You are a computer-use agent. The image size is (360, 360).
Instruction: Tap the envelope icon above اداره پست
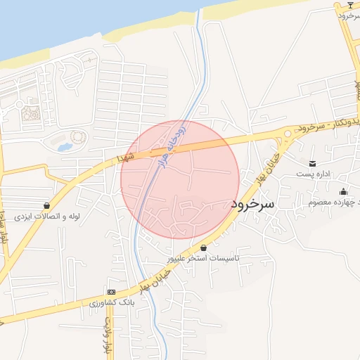pyautogui.click(x=311, y=163)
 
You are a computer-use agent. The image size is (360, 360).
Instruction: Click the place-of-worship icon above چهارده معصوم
pyautogui.click(x=343, y=192)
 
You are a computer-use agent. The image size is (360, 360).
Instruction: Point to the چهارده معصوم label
pyautogui.click(x=335, y=202)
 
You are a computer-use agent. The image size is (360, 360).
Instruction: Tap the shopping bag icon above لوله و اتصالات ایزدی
pyautogui.click(x=47, y=205)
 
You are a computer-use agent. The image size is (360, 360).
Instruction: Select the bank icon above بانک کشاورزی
pyautogui.click(x=110, y=292)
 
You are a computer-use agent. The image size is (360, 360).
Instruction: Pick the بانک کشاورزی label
pyautogui.click(x=111, y=302)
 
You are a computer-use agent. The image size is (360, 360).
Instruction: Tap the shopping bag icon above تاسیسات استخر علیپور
pyautogui.click(x=204, y=247)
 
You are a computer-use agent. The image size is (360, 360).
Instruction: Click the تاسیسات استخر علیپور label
pyautogui.click(x=202, y=258)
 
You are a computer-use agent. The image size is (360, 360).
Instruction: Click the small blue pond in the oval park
pyautogui.click(x=64, y=148)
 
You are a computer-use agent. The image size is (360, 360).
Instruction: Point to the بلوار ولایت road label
pyautogui.click(x=108, y=335)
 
